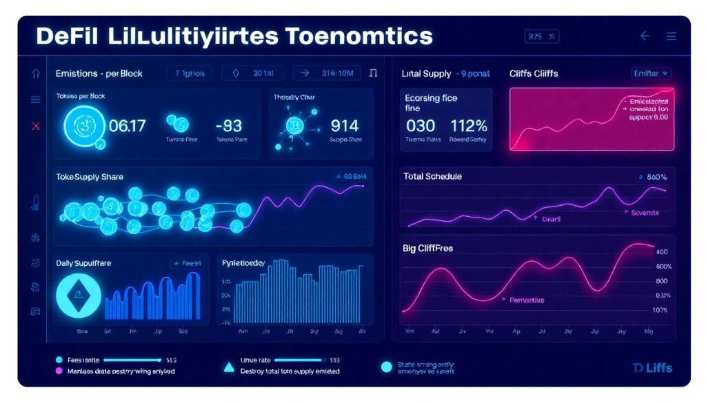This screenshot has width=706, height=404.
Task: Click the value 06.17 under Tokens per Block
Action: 128,126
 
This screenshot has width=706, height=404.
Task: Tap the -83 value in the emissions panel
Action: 228,126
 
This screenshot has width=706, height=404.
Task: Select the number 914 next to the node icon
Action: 345,126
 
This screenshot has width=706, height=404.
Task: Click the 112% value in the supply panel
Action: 469,126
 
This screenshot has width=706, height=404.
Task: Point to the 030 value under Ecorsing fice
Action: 421,126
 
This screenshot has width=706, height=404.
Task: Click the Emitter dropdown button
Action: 652,73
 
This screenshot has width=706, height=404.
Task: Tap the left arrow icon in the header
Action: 645,36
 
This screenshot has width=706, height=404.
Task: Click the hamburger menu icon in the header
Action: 671,36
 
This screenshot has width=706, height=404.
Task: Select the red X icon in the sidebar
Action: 36,126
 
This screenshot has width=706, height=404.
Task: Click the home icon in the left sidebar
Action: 36,73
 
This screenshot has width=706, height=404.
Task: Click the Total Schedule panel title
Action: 432,177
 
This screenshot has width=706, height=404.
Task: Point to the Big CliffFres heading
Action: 427,247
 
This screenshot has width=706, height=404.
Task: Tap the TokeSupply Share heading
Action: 90,177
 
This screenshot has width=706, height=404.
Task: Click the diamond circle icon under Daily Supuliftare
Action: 78,296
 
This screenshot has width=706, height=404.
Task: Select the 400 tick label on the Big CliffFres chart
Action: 662,252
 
